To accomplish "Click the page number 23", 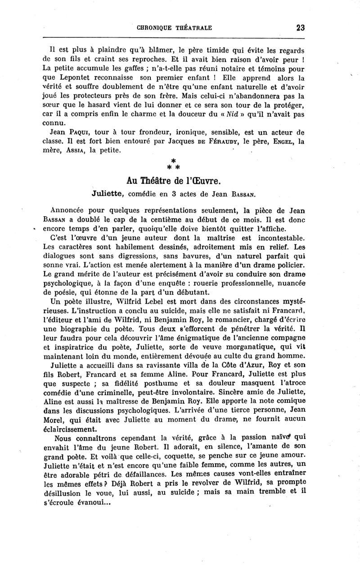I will click(x=301, y=27).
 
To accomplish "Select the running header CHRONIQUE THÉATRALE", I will click(x=174, y=28).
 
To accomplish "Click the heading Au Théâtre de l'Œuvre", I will click(x=173, y=181).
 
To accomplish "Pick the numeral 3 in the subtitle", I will click(x=187, y=195).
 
